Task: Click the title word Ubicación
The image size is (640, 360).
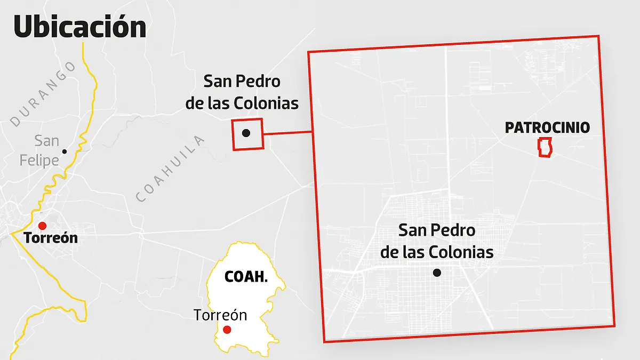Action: pyautogui.click(x=80, y=27)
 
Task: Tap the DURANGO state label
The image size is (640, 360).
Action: pyautogui.click(x=43, y=94)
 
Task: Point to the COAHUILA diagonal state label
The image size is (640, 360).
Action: pyautogui.click(x=170, y=169)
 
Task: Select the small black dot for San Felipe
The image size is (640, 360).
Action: pyautogui.click(x=65, y=151)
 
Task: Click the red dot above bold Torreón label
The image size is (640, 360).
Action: pyautogui.click(x=43, y=226)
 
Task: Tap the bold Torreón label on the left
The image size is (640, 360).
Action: pyautogui.click(x=51, y=238)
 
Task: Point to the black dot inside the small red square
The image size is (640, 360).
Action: pyautogui.click(x=246, y=133)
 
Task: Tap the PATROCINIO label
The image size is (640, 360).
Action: pyautogui.click(x=547, y=128)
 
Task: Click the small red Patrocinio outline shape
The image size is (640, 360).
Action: pyautogui.click(x=545, y=147)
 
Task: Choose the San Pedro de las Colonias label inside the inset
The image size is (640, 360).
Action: pyautogui.click(x=437, y=241)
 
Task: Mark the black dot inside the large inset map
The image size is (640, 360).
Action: pyautogui.click(x=437, y=273)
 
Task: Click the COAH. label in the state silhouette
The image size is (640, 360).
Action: pyautogui.click(x=245, y=277)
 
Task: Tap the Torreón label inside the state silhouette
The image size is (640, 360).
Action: pyautogui.click(x=220, y=315)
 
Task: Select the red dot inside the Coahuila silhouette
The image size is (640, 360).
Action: pyautogui.click(x=227, y=330)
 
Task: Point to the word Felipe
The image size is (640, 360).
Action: pyautogui.click(x=39, y=159)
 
